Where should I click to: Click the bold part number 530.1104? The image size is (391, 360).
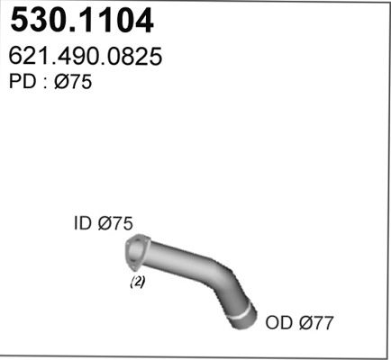pyautogui.click(x=82, y=21)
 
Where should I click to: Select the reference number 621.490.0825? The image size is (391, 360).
pyautogui.click(x=86, y=56)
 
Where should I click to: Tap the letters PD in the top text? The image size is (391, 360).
pyautogui.click(x=23, y=81)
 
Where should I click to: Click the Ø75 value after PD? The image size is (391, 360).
pyautogui.click(x=73, y=81)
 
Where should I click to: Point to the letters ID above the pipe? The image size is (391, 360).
pyautogui.click(x=83, y=223)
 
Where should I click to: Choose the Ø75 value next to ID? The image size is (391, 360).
pyautogui.click(x=115, y=223)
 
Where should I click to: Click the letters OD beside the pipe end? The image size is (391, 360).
pyautogui.click(x=279, y=323)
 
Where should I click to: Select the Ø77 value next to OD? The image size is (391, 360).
pyautogui.click(x=316, y=323)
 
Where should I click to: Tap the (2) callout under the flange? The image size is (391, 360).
pyautogui.click(x=138, y=282)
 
